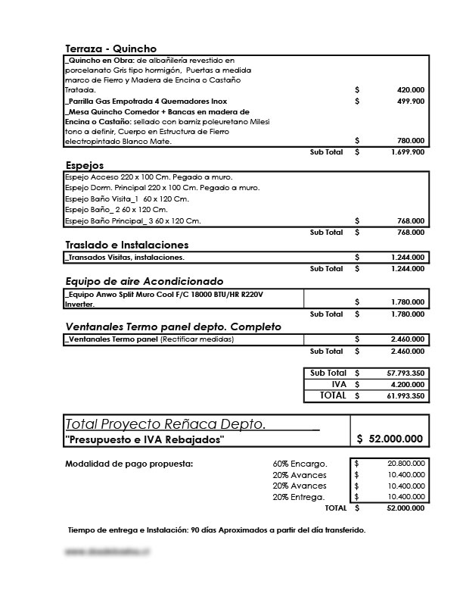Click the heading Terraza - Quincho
(111, 48)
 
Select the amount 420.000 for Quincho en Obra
(410, 90)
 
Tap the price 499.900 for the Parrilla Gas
(410, 101)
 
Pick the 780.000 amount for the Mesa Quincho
(410, 142)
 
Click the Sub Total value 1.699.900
(408, 152)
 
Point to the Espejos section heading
(85, 164)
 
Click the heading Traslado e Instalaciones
(126, 245)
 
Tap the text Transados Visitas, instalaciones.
(125, 258)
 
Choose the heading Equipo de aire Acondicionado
(144, 280)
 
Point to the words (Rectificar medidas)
(197, 339)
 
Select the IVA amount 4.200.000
(408, 384)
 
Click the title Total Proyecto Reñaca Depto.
(166, 424)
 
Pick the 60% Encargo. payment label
(300, 464)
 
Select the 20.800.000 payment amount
(406, 464)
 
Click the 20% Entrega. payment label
(299, 497)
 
